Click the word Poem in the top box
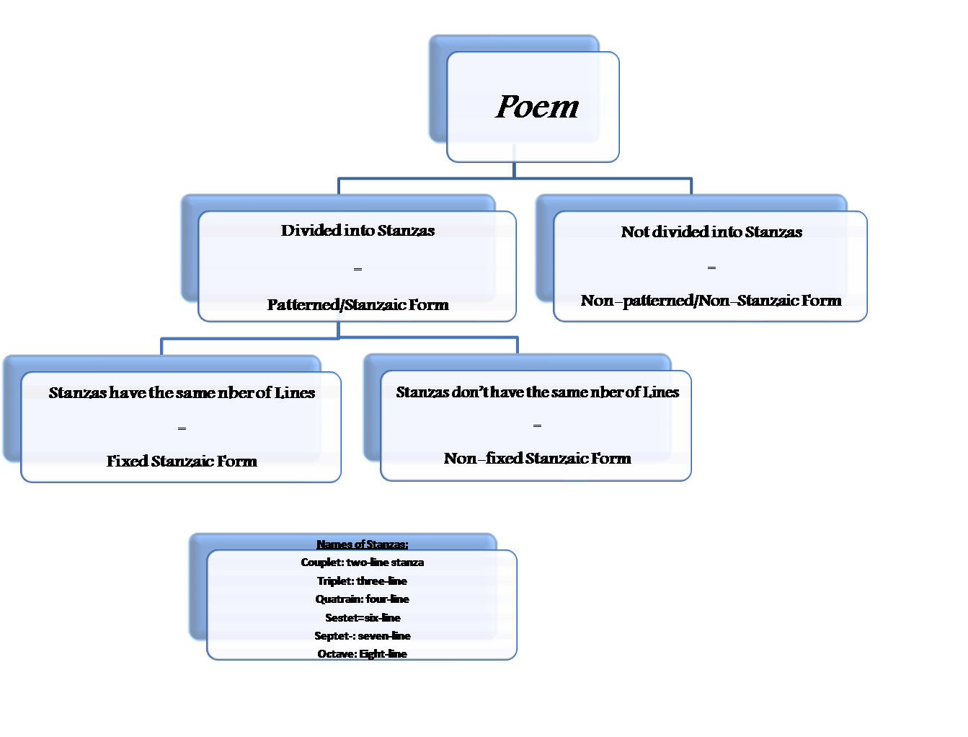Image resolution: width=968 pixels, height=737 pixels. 537,107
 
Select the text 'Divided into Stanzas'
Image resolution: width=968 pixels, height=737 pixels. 358,231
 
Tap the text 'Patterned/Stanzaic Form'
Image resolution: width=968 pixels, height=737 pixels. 358,304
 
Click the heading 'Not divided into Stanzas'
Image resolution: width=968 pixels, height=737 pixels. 711,232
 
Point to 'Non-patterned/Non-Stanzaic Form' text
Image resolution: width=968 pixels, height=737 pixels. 711,301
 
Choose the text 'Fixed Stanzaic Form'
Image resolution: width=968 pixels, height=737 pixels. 182,462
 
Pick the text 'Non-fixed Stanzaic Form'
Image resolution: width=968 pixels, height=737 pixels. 537,459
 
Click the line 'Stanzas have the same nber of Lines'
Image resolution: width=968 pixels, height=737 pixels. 182,393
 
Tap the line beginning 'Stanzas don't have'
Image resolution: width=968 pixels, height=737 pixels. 537,392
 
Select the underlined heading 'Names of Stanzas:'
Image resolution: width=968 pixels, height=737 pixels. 362,544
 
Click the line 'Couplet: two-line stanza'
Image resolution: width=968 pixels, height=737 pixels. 362,562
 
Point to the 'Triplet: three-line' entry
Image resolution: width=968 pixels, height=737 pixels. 362,581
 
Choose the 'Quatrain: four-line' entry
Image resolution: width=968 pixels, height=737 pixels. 362,599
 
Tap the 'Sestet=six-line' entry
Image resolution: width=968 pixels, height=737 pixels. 363,618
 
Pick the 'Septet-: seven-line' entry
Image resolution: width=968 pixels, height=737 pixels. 362,636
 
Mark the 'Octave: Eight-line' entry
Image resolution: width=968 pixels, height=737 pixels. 362,654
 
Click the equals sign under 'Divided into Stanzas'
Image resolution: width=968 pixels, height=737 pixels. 358,269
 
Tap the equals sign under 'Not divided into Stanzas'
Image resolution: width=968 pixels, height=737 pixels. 711,268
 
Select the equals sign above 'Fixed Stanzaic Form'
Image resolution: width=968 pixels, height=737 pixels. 182,428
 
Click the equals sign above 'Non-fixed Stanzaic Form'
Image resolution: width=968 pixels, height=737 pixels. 537,426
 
